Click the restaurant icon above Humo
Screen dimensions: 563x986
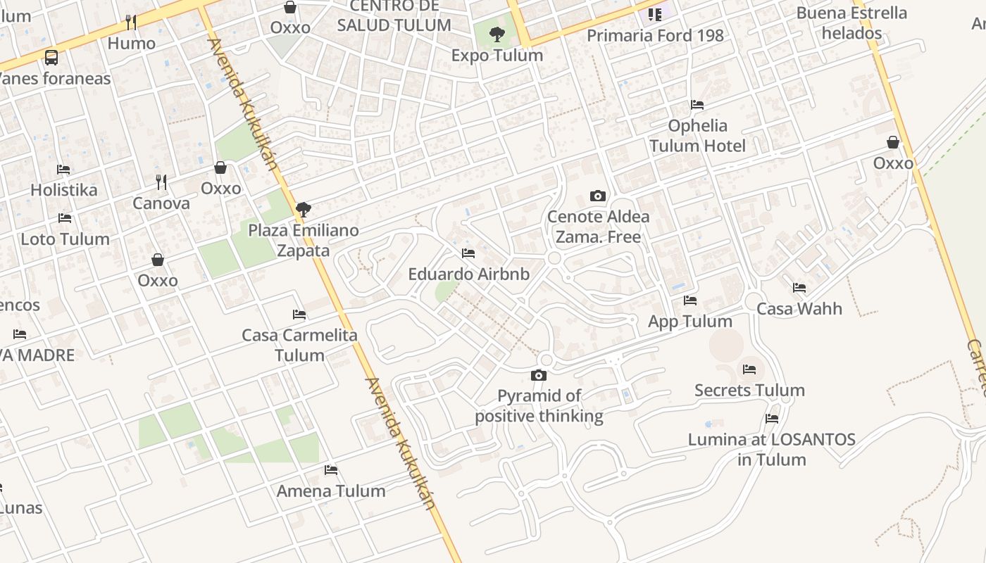pos(131,22)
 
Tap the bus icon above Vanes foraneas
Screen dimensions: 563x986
pos(51,57)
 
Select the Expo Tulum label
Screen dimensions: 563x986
pos(497,56)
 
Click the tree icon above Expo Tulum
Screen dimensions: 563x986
pos(497,34)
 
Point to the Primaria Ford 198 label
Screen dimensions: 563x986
pos(655,35)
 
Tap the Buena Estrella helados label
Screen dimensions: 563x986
pos(851,23)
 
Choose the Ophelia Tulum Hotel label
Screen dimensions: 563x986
pos(697,136)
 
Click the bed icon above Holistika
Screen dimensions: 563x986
pos(63,170)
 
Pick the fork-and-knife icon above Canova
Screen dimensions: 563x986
pos(161,182)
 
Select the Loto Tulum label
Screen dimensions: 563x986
pos(65,239)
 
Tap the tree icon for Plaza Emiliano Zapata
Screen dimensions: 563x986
pos(304,209)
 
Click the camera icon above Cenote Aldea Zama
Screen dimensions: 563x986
pos(598,196)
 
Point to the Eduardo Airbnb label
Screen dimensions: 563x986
pos(468,274)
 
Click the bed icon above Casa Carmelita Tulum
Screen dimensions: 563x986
pos(299,315)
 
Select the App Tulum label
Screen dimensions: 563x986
pos(690,322)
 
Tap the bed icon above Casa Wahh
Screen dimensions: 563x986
pos(799,288)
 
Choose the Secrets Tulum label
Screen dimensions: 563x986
pos(749,391)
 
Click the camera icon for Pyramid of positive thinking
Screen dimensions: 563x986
pos(539,375)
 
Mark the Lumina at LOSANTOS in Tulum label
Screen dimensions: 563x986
pos(771,450)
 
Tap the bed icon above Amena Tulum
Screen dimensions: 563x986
pos(331,470)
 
